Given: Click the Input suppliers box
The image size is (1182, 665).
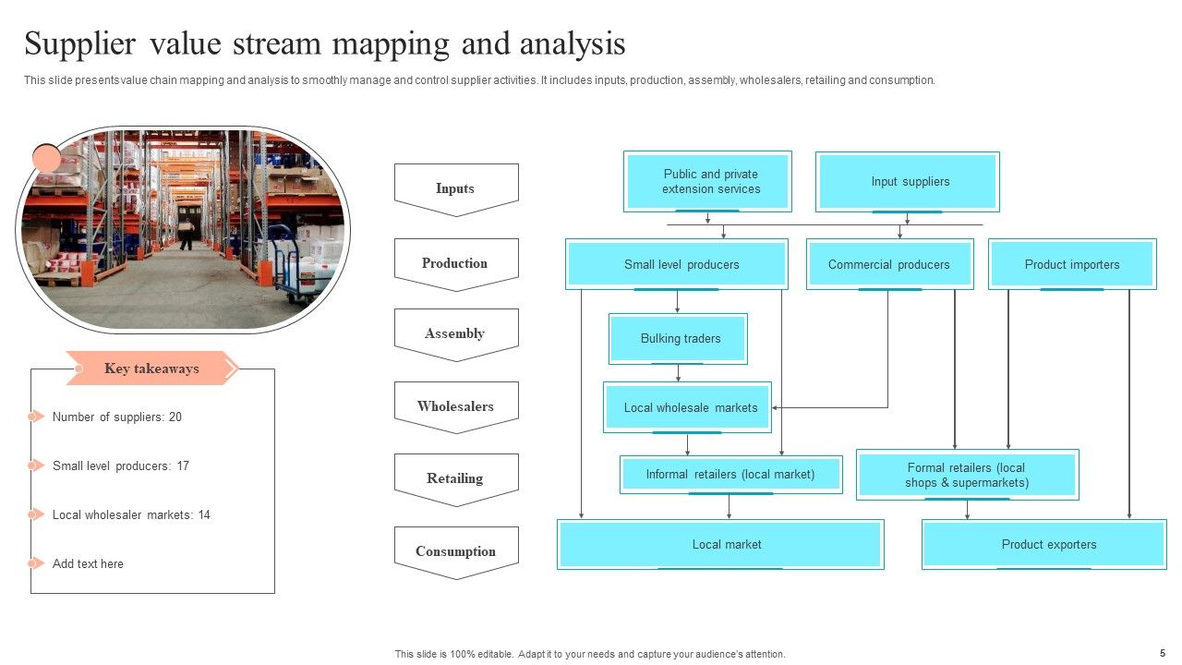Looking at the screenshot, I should point(907,182).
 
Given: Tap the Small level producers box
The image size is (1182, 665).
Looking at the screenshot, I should point(677,264).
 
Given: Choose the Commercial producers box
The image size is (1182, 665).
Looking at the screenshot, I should point(889,264).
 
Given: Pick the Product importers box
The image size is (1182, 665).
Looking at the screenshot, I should point(1072,264).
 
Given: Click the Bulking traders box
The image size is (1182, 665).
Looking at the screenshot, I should point(678,339).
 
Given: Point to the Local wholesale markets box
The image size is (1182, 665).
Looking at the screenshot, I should point(688,407).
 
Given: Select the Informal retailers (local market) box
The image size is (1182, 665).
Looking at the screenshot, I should point(730,475).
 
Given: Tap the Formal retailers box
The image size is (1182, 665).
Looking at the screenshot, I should point(967,475).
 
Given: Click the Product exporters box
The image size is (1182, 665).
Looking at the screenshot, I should point(1043,544).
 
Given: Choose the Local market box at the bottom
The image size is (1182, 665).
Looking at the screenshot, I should point(720,544).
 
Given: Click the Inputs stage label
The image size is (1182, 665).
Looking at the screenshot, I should point(455,188).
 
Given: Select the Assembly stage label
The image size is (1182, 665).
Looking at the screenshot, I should point(455,333).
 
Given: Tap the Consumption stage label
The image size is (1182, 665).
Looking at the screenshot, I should point(455,551).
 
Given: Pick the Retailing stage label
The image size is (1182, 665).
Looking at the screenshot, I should point(455,478).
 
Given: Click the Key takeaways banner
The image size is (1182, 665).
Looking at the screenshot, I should point(151,369).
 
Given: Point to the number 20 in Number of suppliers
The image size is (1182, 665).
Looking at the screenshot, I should point(175,417).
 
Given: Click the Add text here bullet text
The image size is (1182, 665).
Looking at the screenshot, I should point(88,563).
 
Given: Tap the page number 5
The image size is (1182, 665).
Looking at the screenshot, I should point(1163,652).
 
